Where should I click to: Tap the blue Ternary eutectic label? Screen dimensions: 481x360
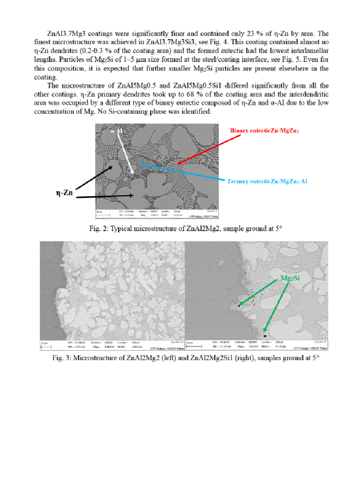(x=266, y=182)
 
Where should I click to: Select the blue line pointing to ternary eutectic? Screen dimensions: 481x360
(x=184, y=173)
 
